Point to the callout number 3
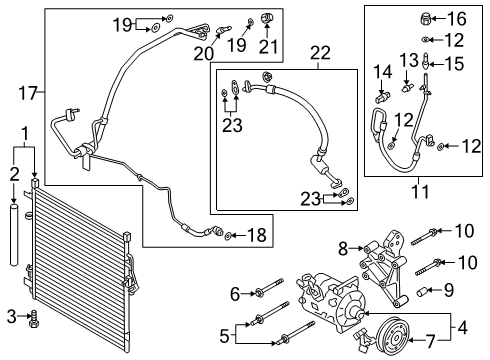(11, 317)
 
